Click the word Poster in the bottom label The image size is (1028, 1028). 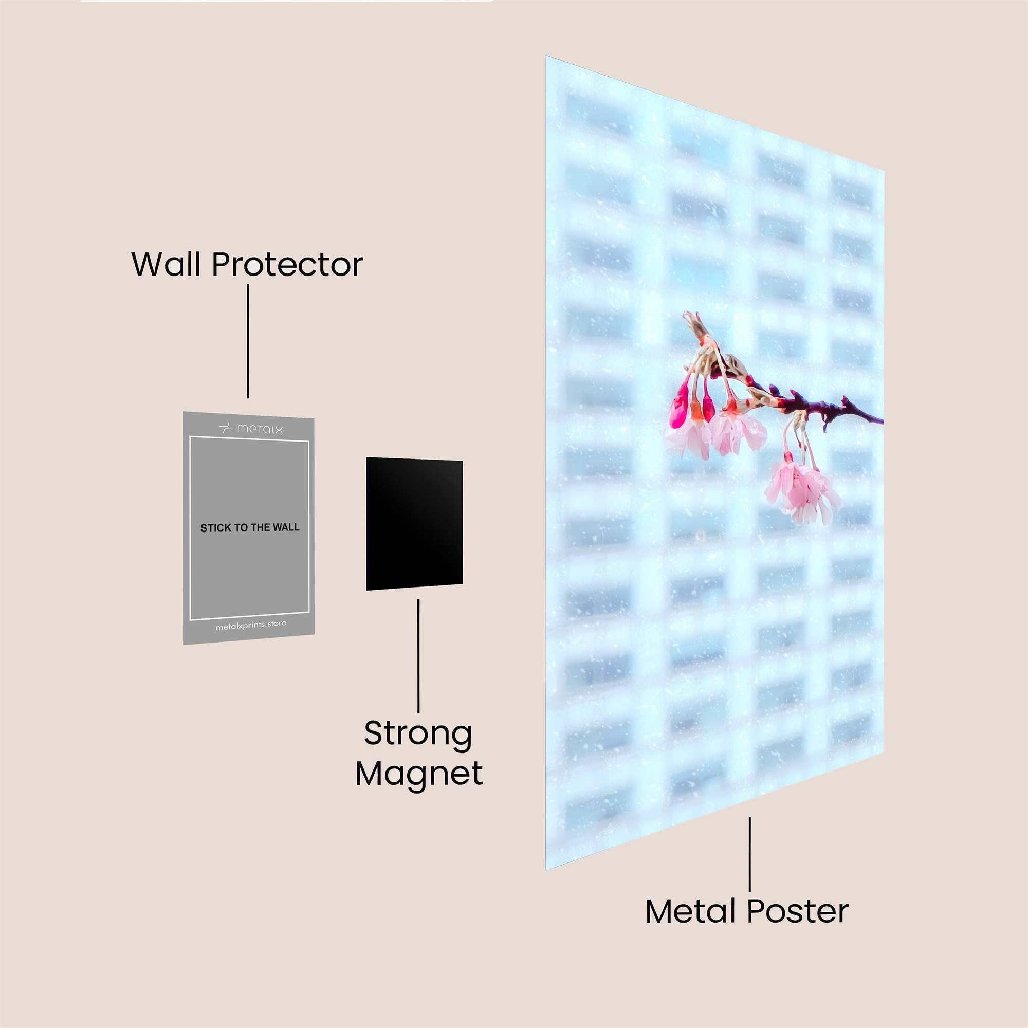tap(798, 911)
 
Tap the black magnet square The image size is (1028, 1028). tap(414, 524)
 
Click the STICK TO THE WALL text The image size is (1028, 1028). tap(250, 528)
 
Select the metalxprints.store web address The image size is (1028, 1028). tap(251, 625)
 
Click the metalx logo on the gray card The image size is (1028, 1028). tap(251, 428)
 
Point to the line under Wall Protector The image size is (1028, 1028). tap(248, 341)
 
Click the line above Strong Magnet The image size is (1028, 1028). tap(418, 655)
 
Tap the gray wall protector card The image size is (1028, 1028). tap(249, 528)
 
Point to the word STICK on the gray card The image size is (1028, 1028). tap(215, 528)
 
